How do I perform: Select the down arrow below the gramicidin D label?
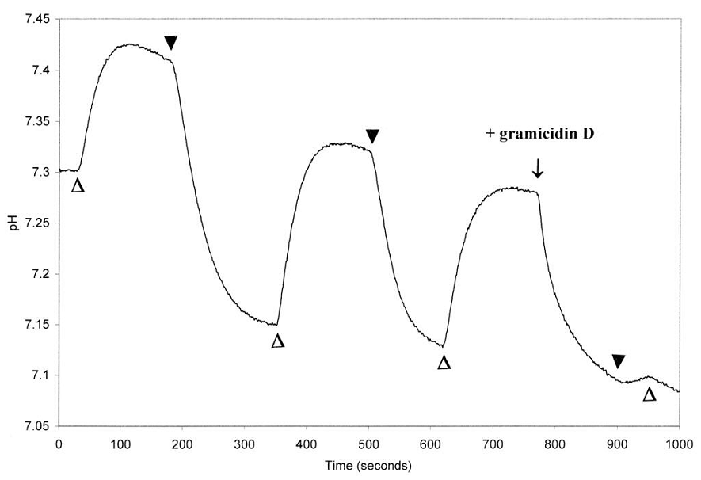pos(538,167)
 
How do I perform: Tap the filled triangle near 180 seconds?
pos(170,42)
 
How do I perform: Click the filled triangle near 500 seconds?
pos(372,137)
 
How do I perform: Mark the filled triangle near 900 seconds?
pos(619,362)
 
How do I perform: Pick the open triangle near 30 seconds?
pos(78,186)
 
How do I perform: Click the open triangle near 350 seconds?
pos(277,341)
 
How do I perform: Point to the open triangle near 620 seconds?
pos(444,363)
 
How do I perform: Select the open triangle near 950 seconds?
pos(650,394)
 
